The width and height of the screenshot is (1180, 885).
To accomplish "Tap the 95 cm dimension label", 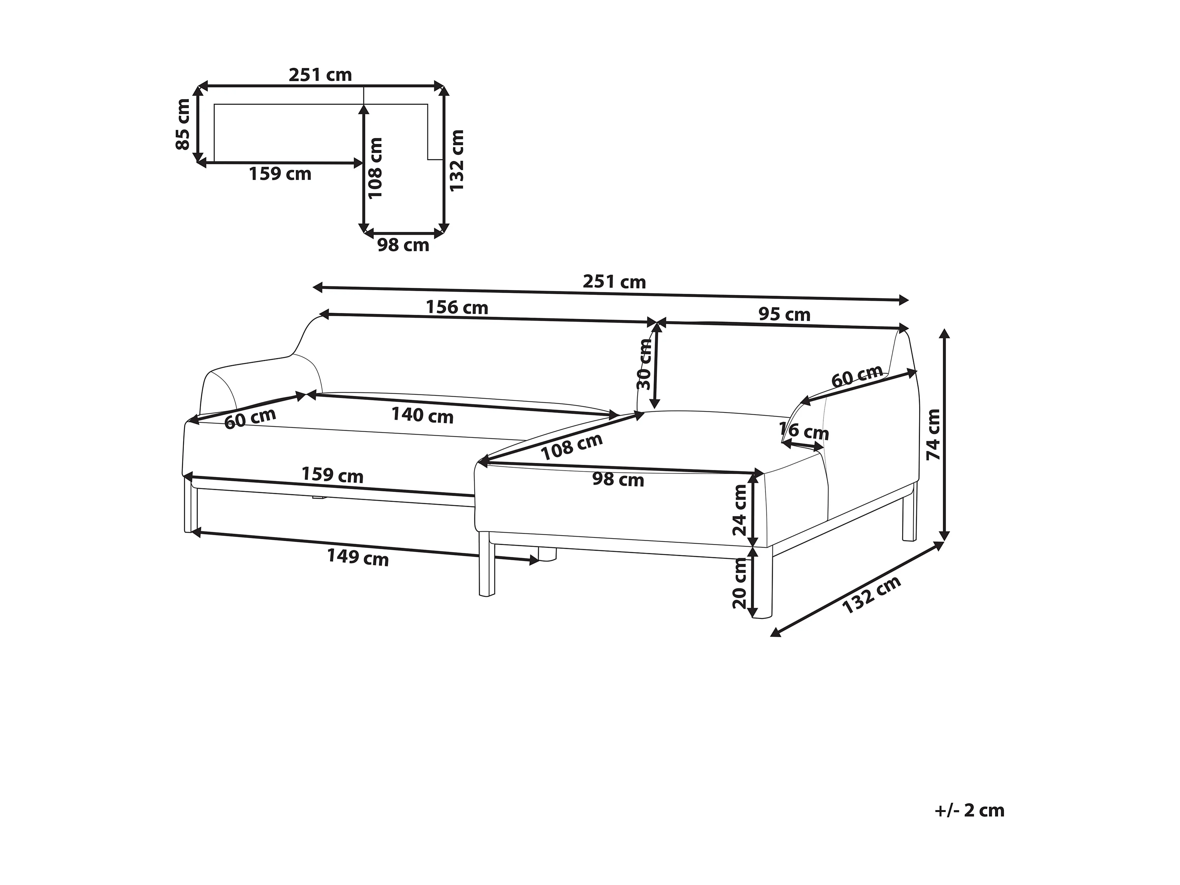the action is [784, 315].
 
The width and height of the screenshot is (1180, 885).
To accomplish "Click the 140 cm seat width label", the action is [422, 415].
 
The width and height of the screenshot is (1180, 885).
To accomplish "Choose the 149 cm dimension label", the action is [357, 557].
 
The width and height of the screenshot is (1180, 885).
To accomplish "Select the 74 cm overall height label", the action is [933, 435].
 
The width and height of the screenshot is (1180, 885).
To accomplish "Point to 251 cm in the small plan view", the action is [320, 75].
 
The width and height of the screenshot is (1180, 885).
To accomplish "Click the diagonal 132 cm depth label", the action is [871, 595].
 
